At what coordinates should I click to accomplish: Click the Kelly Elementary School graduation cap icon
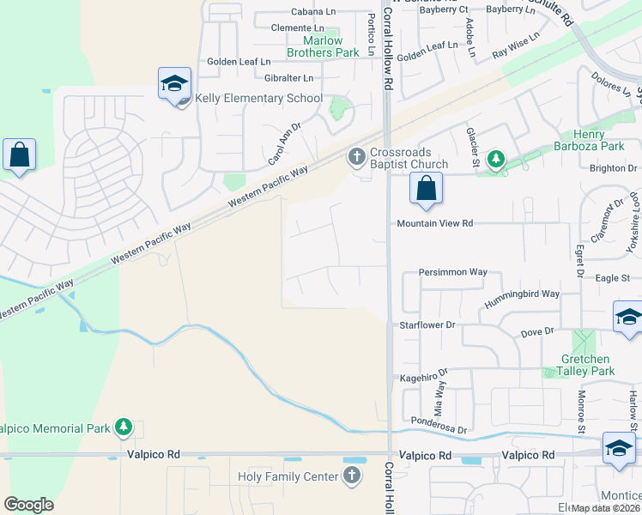pyautogui.click(x=174, y=84)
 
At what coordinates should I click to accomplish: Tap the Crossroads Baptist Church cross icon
pyautogui.click(x=357, y=157)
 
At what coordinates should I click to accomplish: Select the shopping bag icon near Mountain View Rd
pyautogui.click(x=426, y=188)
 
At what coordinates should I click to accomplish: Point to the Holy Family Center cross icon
pyautogui.click(x=351, y=476)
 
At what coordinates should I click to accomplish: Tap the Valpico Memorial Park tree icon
pyautogui.click(x=124, y=426)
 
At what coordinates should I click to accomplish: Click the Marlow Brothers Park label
pyautogui.click(x=322, y=46)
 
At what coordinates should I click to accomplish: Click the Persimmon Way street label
pyautogui.click(x=452, y=272)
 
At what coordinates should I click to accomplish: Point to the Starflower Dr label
pyautogui.click(x=427, y=326)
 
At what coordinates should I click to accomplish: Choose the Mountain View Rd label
pyautogui.click(x=434, y=223)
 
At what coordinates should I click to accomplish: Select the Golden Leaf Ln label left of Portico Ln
pyautogui.click(x=239, y=62)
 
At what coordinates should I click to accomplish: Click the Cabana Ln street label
pyautogui.click(x=313, y=12)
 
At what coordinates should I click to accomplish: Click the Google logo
pyautogui.click(x=28, y=505)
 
